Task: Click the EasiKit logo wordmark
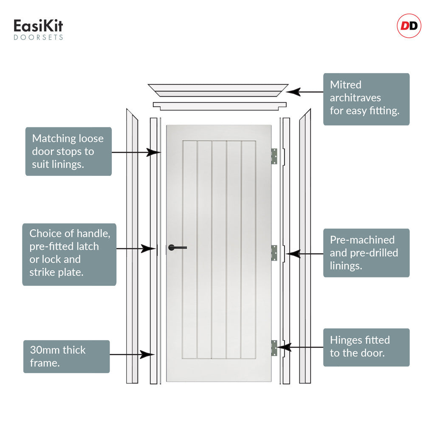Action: (38, 26)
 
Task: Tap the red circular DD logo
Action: (409, 26)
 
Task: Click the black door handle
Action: (177, 248)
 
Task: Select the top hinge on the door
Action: (274, 156)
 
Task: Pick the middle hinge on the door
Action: (274, 253)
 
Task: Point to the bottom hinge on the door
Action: (274, 348)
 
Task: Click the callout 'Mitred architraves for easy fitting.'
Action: (366, 99)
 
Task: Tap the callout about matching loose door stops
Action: (68, 152)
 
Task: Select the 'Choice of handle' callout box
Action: (69, 254)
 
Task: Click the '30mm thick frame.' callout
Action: (67, 356)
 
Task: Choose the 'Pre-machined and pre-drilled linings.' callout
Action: (366, 253)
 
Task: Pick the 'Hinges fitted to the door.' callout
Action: (366, 347)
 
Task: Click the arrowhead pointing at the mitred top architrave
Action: (293, 92)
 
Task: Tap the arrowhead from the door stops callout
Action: (153, 153)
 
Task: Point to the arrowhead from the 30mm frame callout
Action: (147, 355)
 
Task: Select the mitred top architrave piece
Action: (218, 90)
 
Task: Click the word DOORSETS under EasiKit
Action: (38, 37)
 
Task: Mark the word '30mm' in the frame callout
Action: (44, 350)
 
